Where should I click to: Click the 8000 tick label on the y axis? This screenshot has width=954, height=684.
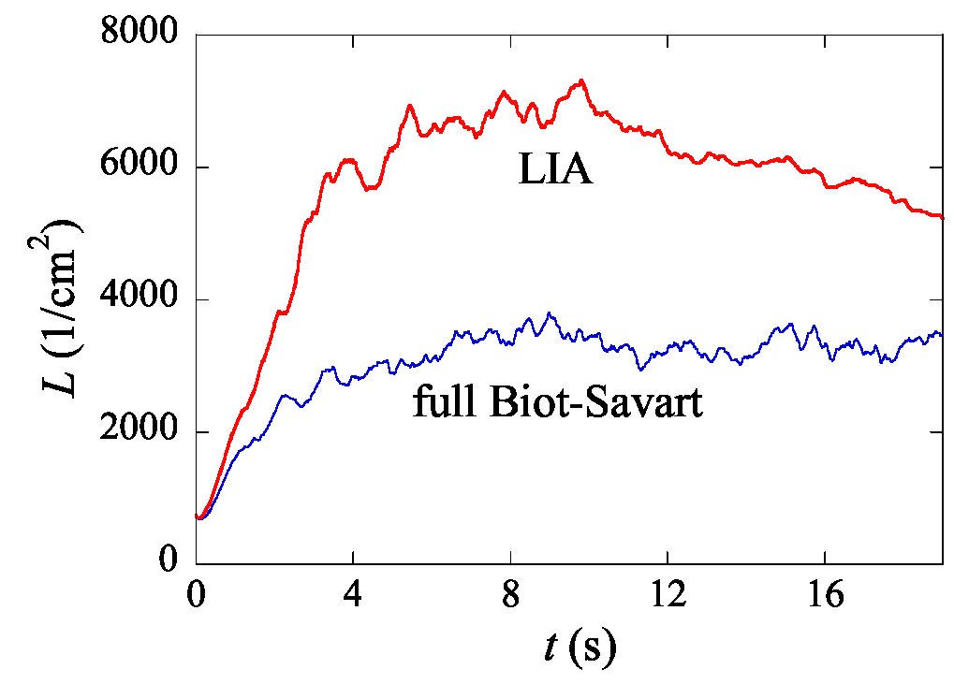pos(139,32)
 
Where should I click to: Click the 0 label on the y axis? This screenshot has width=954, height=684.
pos(169,559)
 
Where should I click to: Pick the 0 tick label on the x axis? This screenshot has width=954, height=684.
pos(196,594)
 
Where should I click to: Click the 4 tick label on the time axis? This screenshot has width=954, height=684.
pos(353,594)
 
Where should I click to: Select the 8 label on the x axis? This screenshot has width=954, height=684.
pos(511,594)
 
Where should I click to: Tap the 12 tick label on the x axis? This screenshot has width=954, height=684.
pos(668,594)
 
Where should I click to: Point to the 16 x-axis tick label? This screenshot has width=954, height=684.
pos(826,594)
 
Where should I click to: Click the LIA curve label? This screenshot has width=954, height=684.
pos(555,168)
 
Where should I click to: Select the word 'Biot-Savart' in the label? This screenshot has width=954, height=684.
pos(597,401)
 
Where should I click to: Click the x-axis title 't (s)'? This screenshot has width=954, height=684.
pos(580,648)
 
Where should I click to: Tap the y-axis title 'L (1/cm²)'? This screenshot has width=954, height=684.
pos(62,308)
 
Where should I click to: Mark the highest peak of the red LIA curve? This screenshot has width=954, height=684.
pos(581,80)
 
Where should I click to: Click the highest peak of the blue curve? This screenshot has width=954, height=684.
pos(549,313)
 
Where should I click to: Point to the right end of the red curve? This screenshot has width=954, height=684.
pos(942,217)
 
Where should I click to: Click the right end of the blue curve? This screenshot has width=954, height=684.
pos(941,334)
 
